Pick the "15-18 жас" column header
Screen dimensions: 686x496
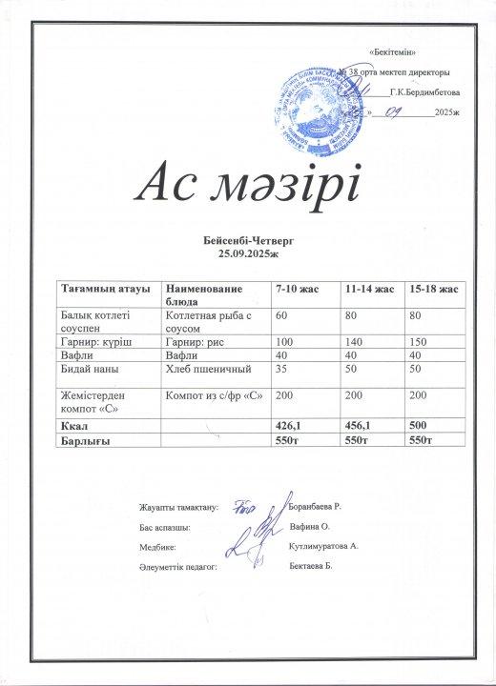(x=432, y=289)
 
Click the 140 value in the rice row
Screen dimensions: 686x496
(x=352, y=341)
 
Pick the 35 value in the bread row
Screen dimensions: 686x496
(x=281, y=367)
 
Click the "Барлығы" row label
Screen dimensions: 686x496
(x=86, y=442)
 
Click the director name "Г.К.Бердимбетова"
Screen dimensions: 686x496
(x=425, y=93)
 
